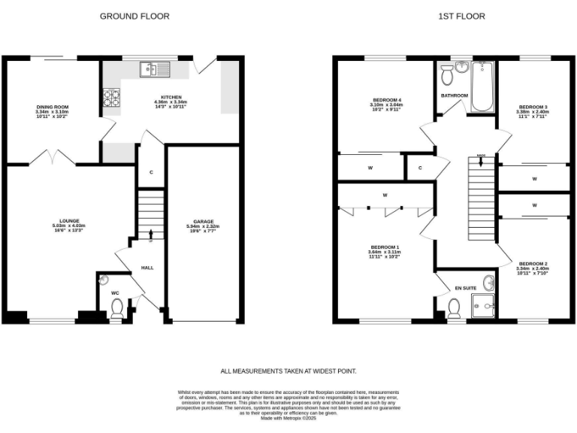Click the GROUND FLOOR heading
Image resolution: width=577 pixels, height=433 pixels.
pyautogui.click(x=134, y=16)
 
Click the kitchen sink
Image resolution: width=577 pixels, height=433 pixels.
pyautogui.click(x=154, y=70)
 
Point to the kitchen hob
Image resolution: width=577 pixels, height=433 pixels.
pyautogui.click(x=110, y=97)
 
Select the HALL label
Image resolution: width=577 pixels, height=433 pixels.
pyautogui.click(x=147, y=268)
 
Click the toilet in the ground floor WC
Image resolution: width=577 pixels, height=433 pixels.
pyautogui.click(x=116, y=307)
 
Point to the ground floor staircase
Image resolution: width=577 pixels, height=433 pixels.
pyautogui.click(x=151, y=214)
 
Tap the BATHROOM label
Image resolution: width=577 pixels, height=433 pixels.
pyautogui.click(x=454, y=95)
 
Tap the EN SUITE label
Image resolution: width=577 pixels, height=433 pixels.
pyautogui.click(x=466, y=288)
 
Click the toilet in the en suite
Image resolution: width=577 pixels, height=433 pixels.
pyautogui.click(x=454, y=308)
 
